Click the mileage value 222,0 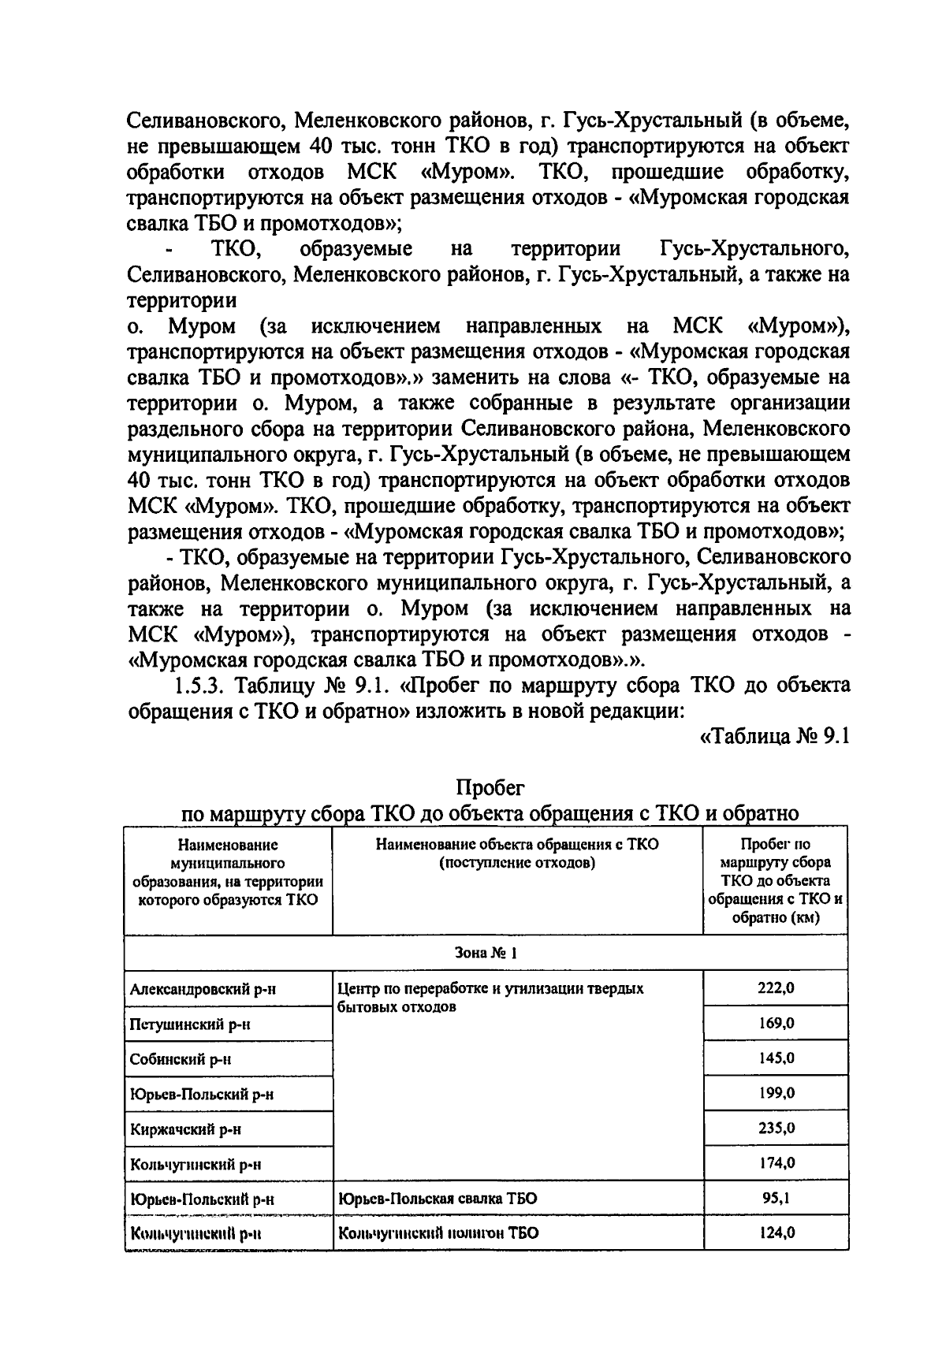coord(776,988)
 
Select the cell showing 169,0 coord(776,1023)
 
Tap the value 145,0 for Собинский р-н coord(776,1058)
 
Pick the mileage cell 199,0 coord(776,1093)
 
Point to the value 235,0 coord(776,1128)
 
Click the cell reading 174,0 coord(776,1162)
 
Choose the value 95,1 coord(776,1198)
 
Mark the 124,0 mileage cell coord(776,1233)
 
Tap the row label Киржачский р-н coord(186,1129)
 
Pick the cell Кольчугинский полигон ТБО coord(438,1233)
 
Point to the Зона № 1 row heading coord(486,953)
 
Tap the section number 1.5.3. coord(200,686)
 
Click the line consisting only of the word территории coord(182,301)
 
